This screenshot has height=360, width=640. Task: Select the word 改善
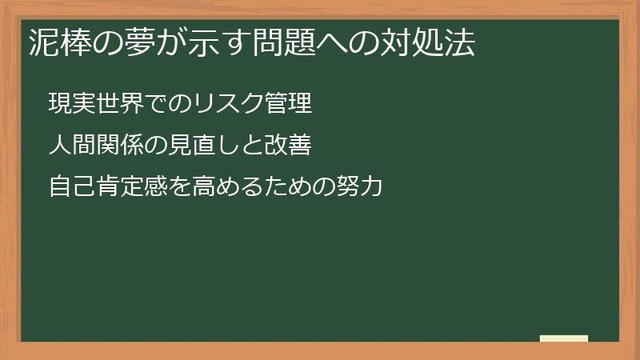pos(286,146)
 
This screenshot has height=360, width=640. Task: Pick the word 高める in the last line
pos(226,188)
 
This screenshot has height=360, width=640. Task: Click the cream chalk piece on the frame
pos(563,338)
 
